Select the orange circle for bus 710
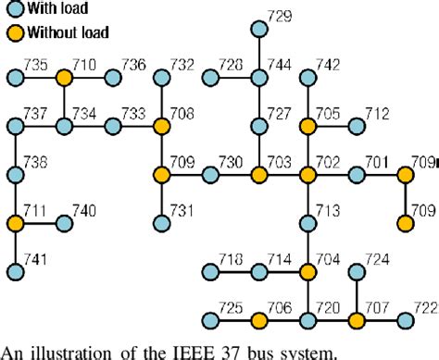[x=64, y=78]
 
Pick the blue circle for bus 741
[x=16, y=271]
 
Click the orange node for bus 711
[x=16, y=223]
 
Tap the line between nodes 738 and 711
[x=16, y=198]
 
